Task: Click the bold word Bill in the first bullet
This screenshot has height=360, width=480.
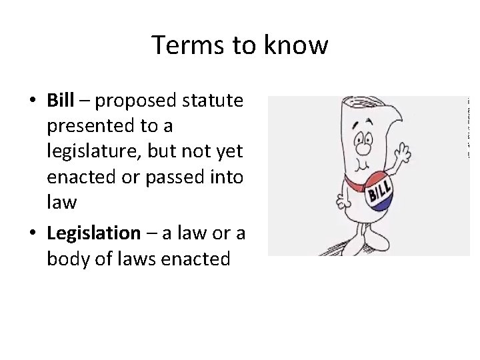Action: click(60, 100)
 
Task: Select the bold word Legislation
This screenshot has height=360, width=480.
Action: click(93, 233)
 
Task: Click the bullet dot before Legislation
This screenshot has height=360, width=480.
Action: click(33, 234)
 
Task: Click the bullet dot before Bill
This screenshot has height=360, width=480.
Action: click(33, 101)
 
